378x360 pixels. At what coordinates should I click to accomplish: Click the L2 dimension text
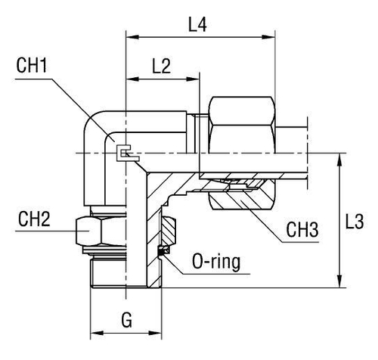pyautogui.click(x=160, y=66)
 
